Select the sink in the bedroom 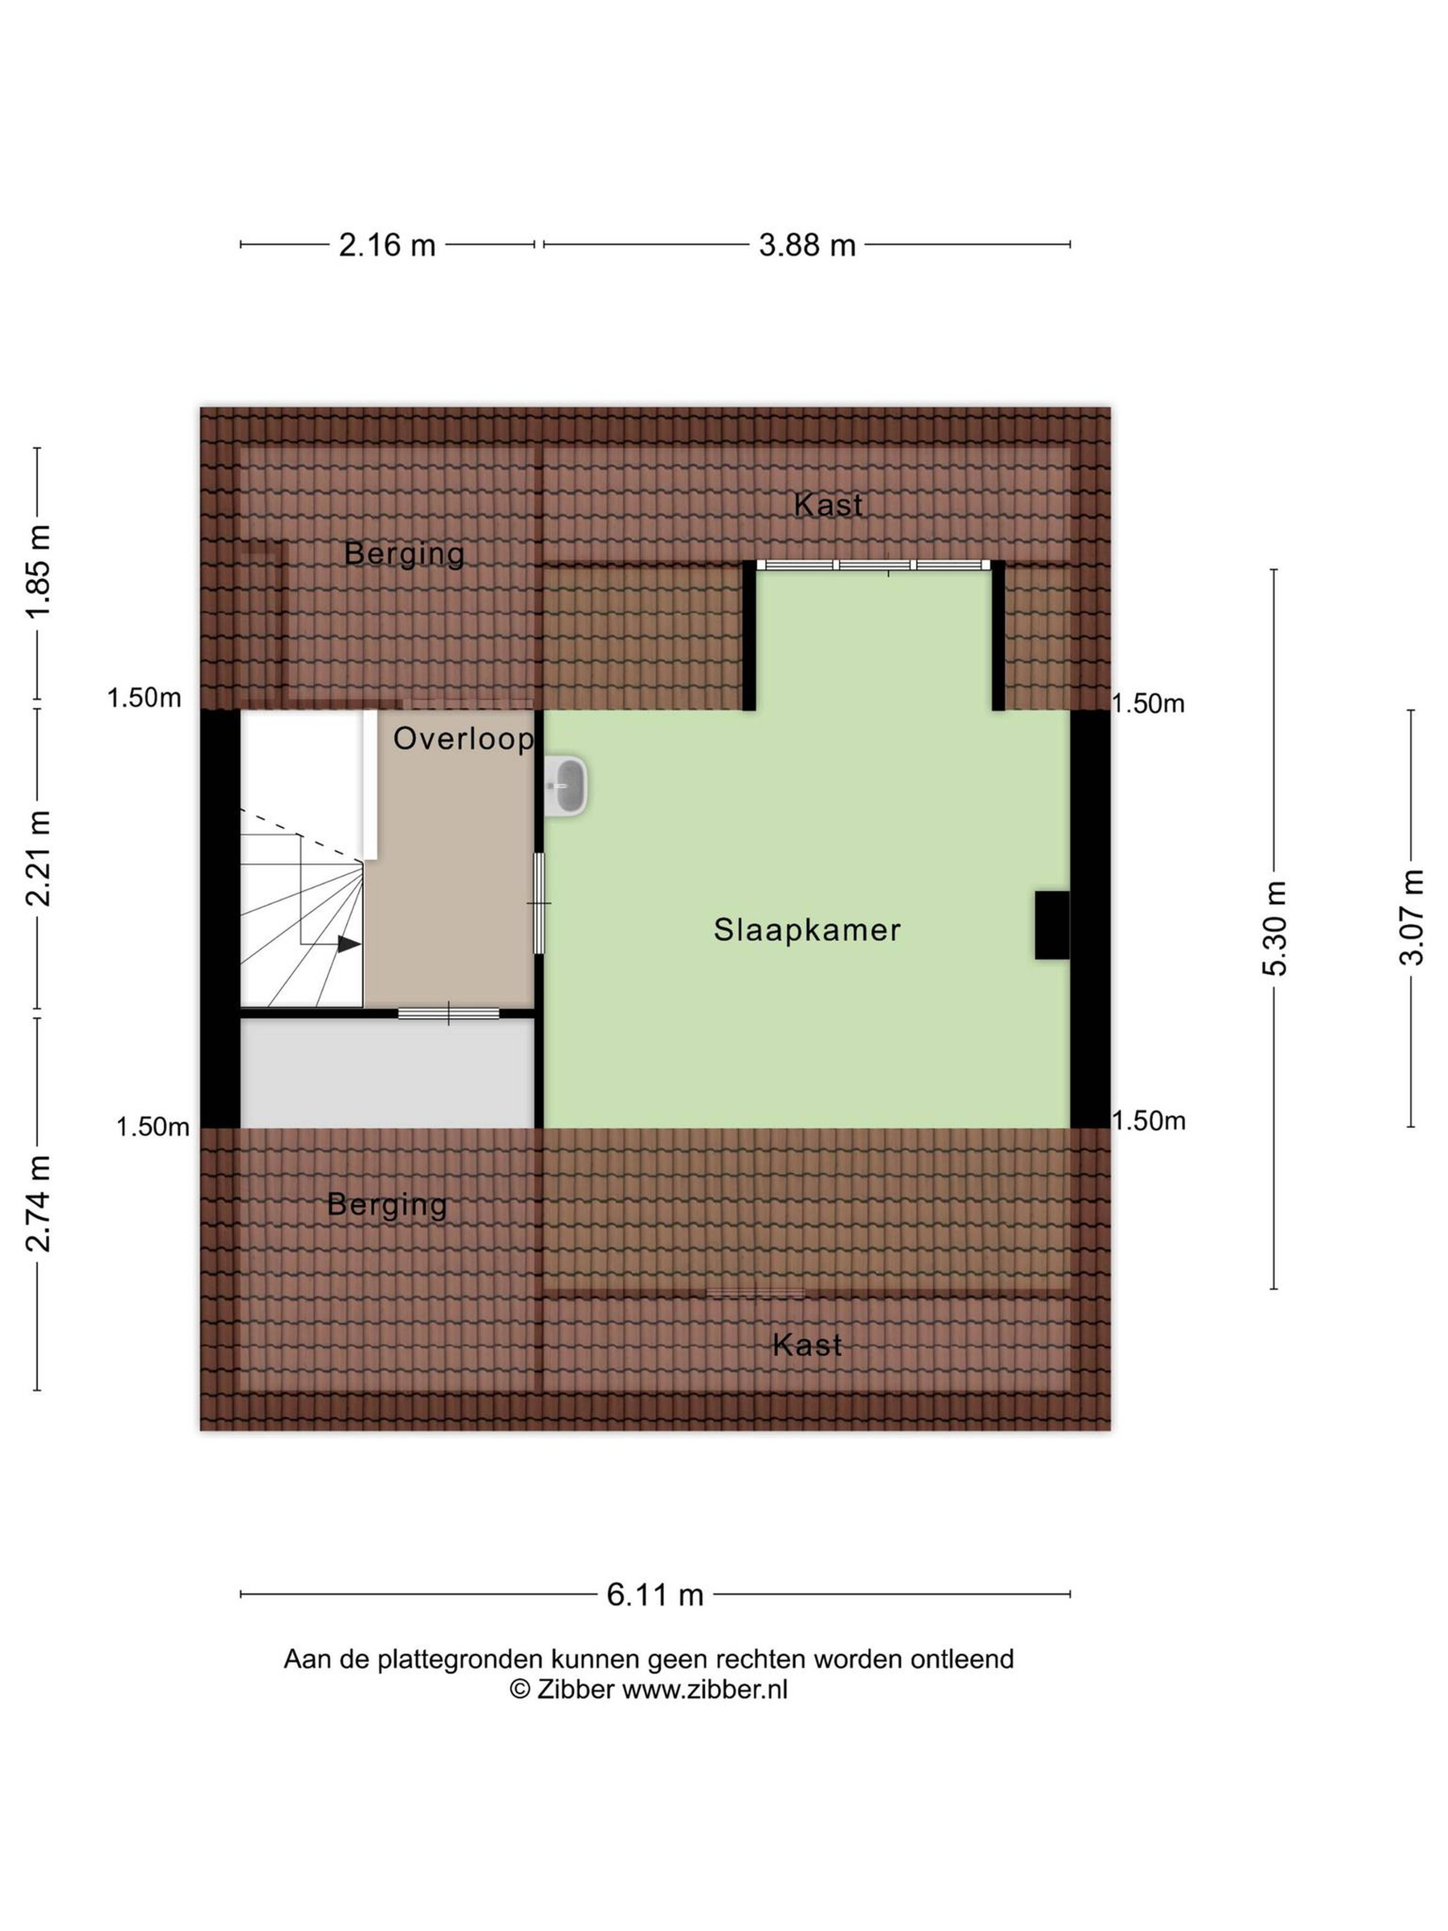[x=566, y=786]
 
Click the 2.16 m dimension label [x=387, y=245]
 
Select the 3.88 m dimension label [x=807, y=245]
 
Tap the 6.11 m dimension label [x=655, y=1595]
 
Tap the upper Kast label [x=827, y=505]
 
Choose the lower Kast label [x=807, y=1345]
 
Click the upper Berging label [x=404, y=553]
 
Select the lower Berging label [x=387, y=1206]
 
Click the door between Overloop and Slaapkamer [x=539, y=903]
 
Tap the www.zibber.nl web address [x=704, y=1689]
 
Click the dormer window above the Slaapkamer [x=874, y=565]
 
